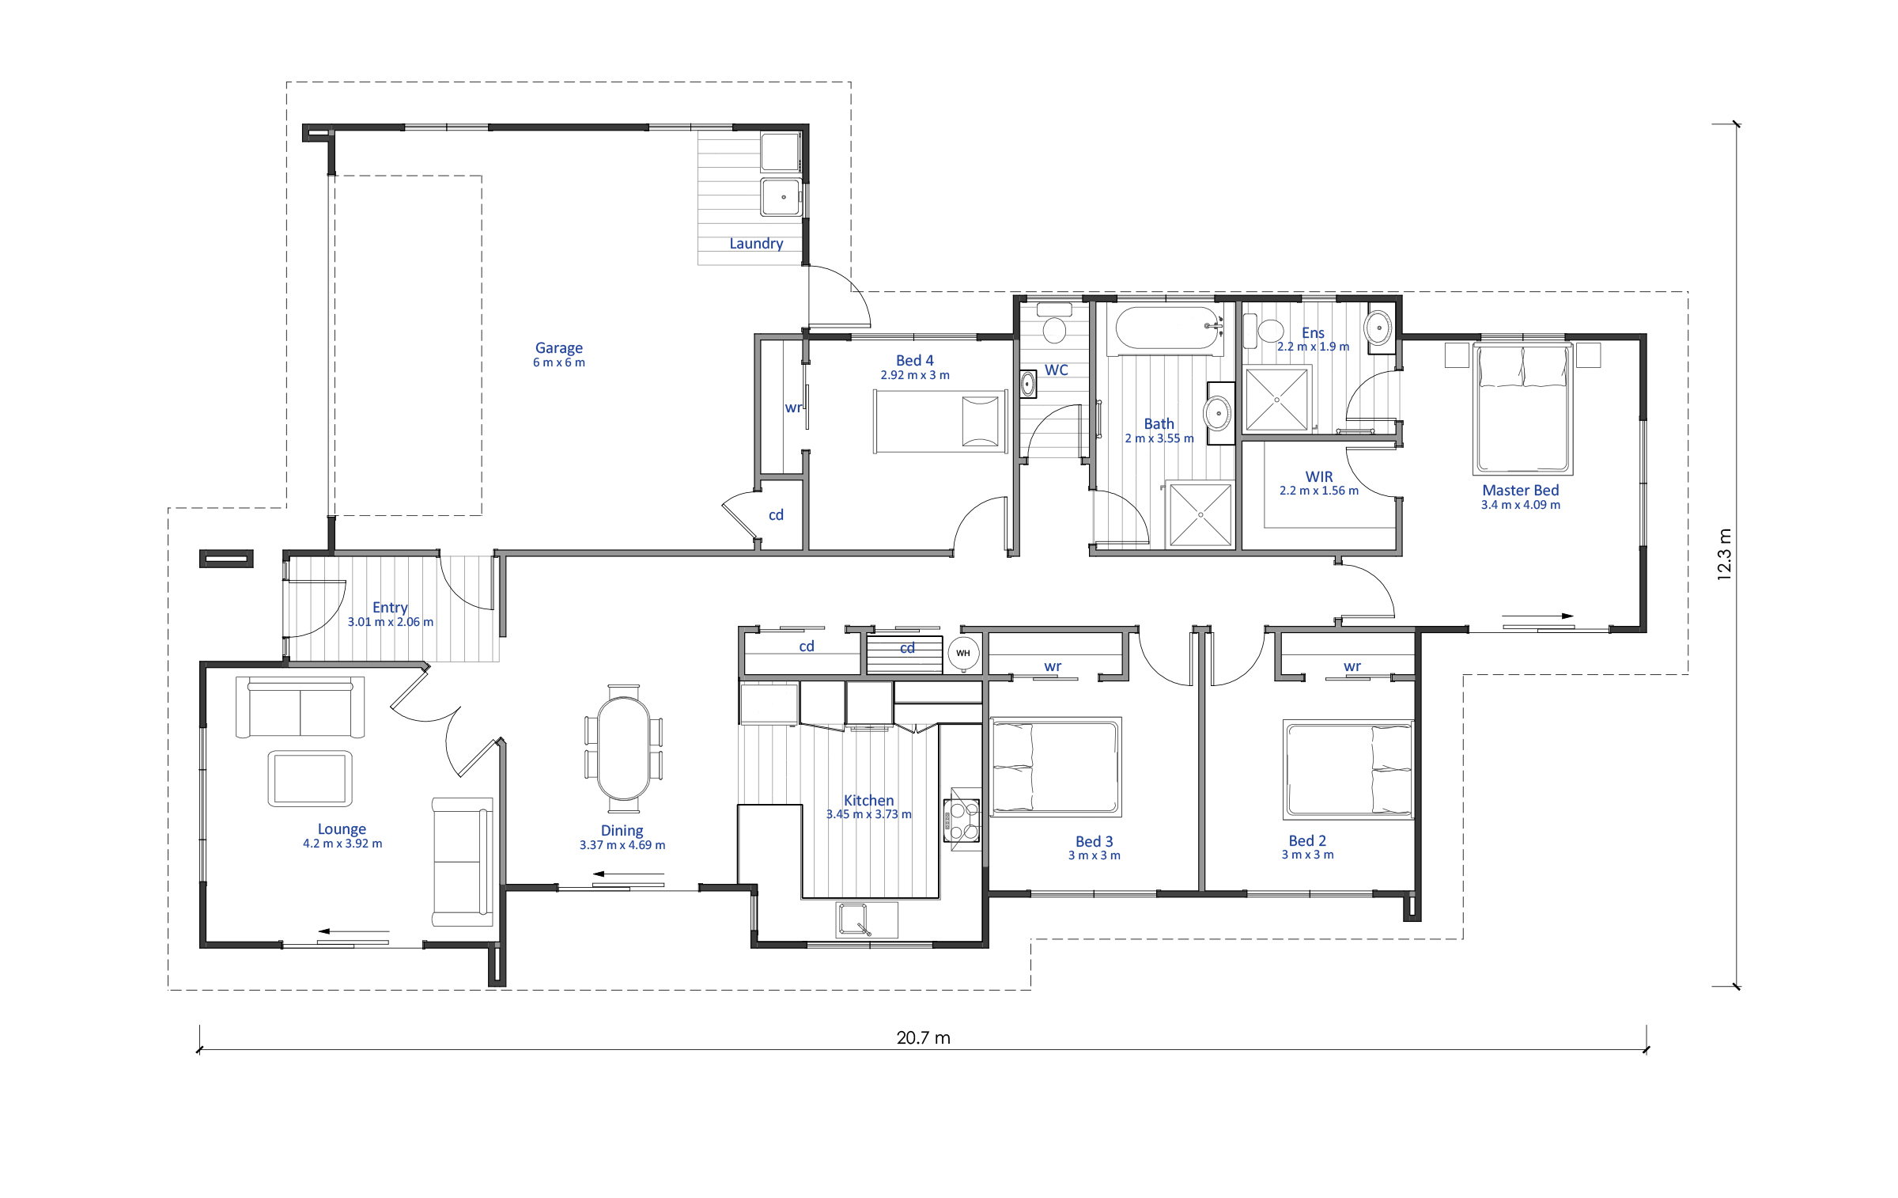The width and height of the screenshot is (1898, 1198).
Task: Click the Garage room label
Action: tap(559, 347)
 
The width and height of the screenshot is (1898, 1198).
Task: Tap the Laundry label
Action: tap(756, 244)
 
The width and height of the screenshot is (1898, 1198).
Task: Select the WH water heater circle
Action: tap(963, 654)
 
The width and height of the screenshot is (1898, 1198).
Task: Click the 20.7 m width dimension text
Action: tap(924, 1037)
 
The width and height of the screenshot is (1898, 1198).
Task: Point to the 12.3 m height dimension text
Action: tap(1725, 555)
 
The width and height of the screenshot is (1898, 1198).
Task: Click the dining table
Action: tap(624, 749)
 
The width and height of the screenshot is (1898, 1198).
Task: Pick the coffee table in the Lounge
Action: tap(310, 779)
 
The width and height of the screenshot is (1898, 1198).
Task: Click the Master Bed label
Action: tap(1521, 491)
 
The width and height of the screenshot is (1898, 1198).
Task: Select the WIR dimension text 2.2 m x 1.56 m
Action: tap(1319, 491)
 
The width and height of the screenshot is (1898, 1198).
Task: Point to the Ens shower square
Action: tap(1277, 400)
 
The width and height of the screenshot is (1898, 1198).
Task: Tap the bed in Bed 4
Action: tap(940, 422)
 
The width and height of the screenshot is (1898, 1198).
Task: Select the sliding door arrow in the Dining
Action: tap(629, 874)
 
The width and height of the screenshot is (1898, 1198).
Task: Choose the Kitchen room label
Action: tap(868, 801)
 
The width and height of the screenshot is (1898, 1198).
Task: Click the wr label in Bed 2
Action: tap(1352, 666)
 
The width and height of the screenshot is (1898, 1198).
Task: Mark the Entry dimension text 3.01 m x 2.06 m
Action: tap(391, 622)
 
